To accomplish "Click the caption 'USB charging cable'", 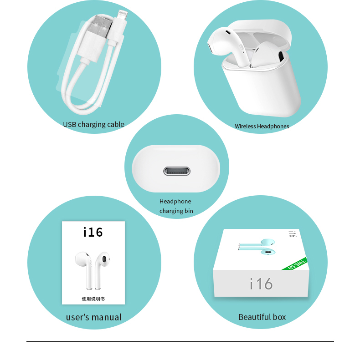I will coord(93,124).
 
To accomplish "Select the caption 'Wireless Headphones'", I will coord(262,127).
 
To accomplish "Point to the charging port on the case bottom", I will coord(177,172).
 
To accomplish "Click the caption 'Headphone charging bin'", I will coord(176,206).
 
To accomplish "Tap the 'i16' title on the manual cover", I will coord(93,233).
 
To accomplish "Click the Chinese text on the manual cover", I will coord(93,299).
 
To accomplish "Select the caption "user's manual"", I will coord(93,317).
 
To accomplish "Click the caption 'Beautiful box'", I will coord(262,317).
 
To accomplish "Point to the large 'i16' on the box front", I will coord(261,284).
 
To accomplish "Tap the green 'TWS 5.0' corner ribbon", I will coord(297,264).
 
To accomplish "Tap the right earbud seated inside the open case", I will coord(269,57).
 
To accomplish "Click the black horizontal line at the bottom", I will coord(180,341).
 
